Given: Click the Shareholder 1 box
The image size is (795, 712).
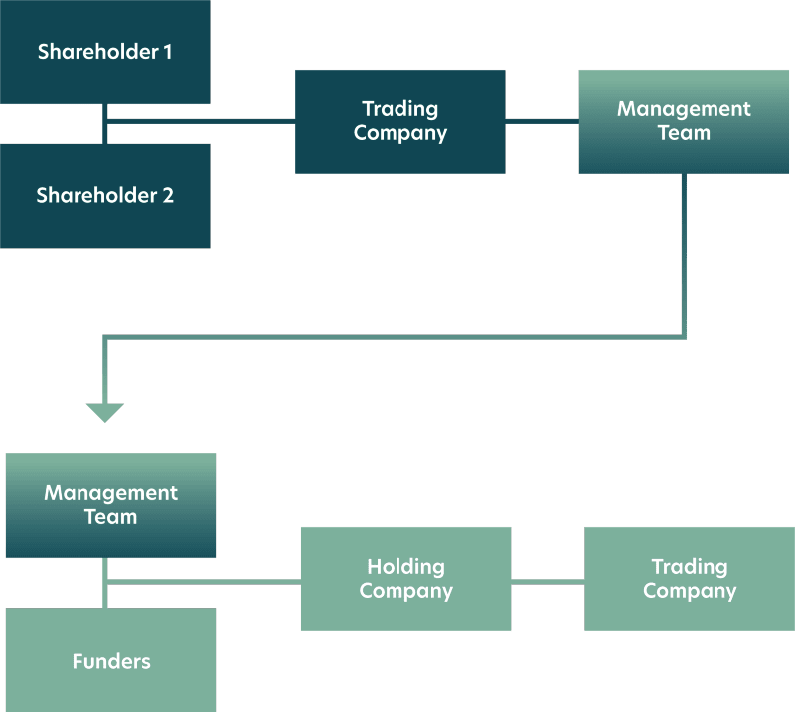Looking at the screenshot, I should tap(104, 52).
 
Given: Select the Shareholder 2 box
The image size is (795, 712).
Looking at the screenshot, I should tap(104, 196).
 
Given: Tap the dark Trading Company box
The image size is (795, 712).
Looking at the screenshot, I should tap(399, 121).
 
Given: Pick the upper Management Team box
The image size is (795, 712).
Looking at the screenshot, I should tap(684, 121).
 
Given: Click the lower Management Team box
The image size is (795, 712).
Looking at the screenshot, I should tap(110, 505).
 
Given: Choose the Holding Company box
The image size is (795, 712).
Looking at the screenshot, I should tap(405, 579).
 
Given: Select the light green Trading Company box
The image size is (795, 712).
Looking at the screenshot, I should tap(689, 579).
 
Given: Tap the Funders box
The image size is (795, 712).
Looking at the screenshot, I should tap(110, 660).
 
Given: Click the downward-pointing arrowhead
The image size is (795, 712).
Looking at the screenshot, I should tap(104, 412).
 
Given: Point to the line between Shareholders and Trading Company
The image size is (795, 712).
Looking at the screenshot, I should tap(199, 121).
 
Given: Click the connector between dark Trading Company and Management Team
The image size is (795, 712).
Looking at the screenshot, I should tap(542, 121).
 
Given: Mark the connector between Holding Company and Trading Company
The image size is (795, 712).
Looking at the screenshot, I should tap(548, 580).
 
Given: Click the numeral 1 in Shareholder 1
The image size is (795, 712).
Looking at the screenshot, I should tap(167, 52).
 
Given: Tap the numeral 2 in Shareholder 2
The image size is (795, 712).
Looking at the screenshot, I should tap(167, 196).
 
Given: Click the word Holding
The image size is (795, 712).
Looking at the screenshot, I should tap(405, 567).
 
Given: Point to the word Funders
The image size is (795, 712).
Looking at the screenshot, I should tap(110, 661).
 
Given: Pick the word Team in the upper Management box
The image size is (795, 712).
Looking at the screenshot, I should tap(684, 133).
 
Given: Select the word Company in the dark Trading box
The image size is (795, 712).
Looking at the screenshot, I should tap(399, 133).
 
